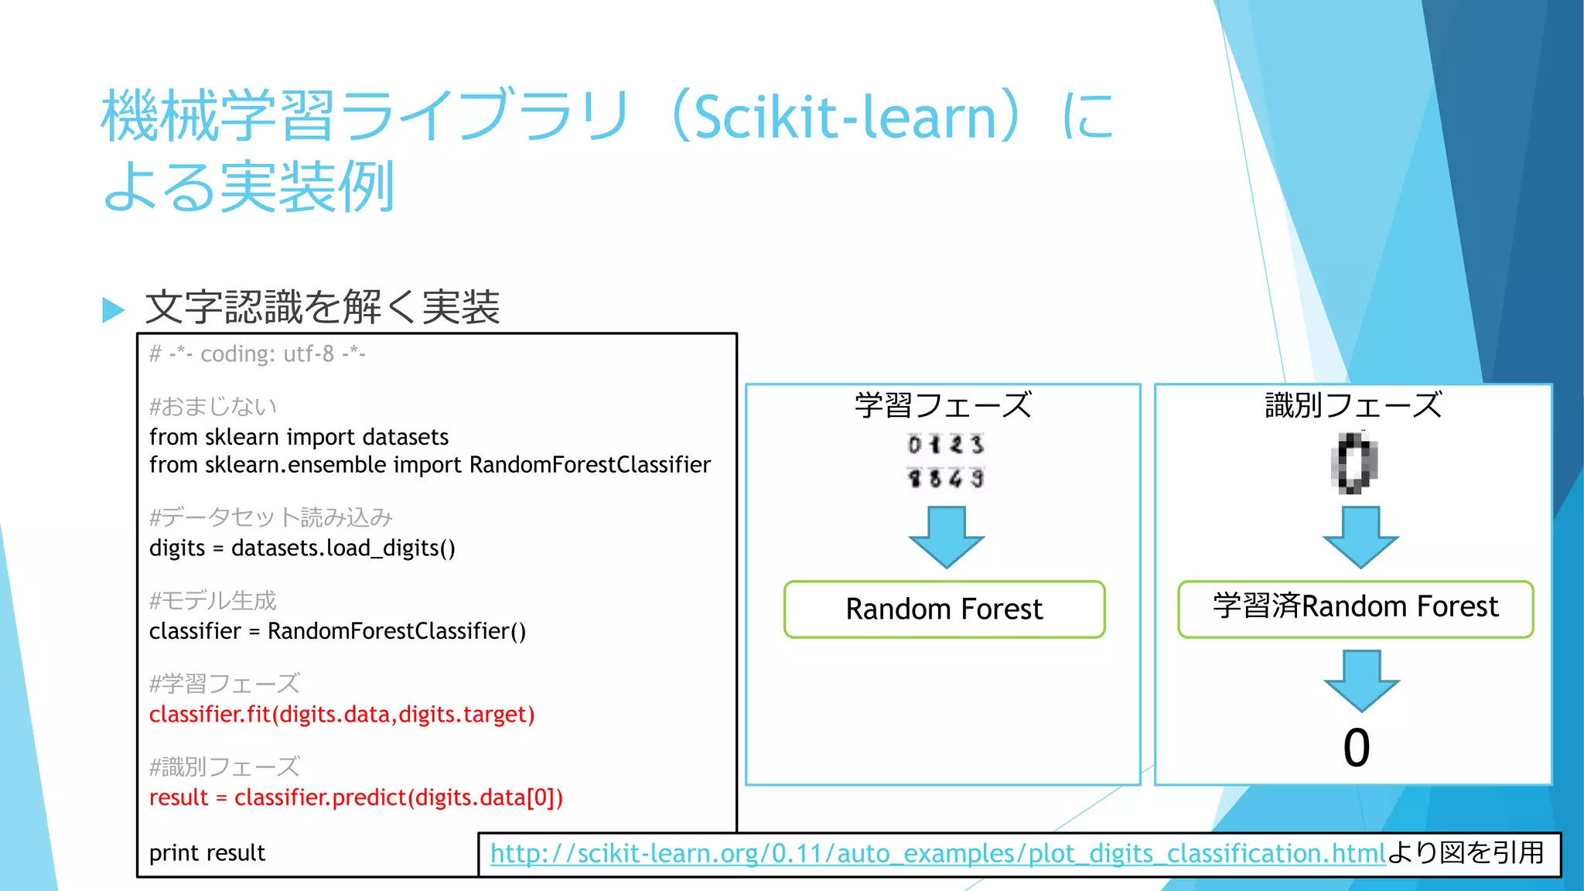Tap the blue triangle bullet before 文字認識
[114, 309]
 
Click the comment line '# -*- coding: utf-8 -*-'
[257, 354]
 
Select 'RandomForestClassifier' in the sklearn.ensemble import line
[589, 465]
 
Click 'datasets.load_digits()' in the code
[343, 548]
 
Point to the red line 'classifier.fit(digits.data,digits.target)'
[341, 715]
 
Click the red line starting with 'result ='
[356, 797]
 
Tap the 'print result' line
[207, 853]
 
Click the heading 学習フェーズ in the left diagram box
[943, 405]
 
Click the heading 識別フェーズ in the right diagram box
[1354, 405]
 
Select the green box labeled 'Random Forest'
[944, 609]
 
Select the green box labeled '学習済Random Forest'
[1355, 609]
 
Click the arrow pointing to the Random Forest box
[946, 537]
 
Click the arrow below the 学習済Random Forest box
[1361, 681]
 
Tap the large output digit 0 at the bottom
[1357, 748]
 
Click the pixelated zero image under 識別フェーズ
[1354, 463]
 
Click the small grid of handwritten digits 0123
[945, 461]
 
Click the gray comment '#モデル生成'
[213, 601]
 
